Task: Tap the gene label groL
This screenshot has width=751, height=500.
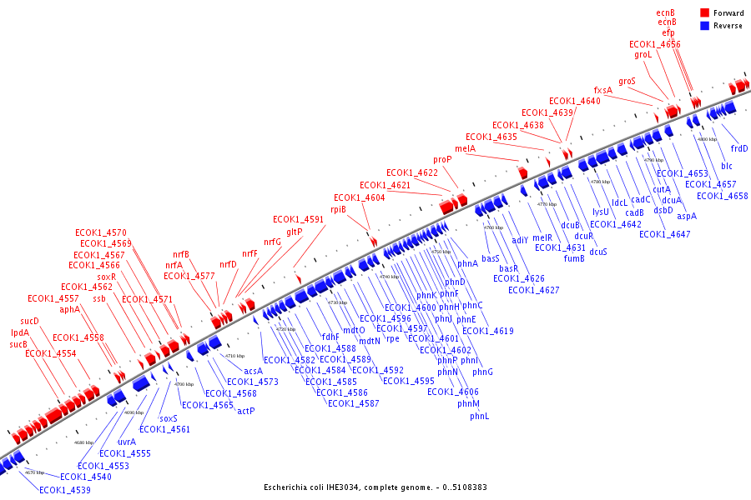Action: (x=643, y=54)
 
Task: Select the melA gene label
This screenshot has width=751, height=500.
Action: (x=489, y=148)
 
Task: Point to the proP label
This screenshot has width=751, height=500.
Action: (x=442, y=159)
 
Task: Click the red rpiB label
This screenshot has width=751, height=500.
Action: (x=338, y=209)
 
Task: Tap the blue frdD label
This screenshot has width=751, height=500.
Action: (x=739, y=148)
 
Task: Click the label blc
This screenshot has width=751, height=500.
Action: (x=727, y=166)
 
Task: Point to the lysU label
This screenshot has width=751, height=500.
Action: (x=601, y=212)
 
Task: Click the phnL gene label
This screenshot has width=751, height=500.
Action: (x=479, y=416)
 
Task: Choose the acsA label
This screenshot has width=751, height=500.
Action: (x=253, y=371)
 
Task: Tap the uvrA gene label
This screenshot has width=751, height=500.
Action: (x=127, y=442)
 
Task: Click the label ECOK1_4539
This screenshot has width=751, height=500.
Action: (x=64, y=490)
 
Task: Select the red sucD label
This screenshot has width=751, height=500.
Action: (x=29, y=321)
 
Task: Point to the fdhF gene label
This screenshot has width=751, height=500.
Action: (x=330, y=337)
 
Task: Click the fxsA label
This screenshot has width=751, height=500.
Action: (x=602, y=90)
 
